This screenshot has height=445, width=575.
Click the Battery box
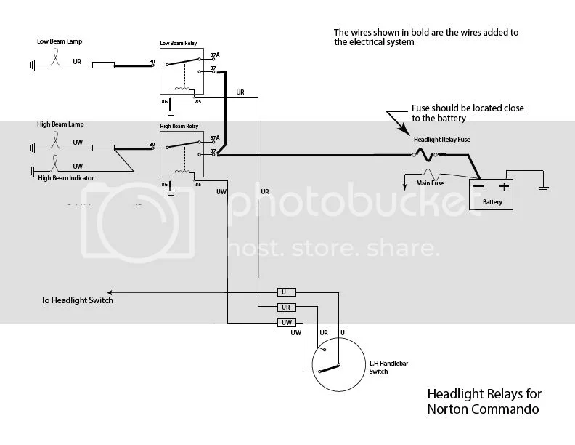point(492,194)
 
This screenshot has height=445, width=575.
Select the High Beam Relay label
point(179,126)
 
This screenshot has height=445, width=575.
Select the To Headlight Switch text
point(76,300)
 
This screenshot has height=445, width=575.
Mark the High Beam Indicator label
point(66,178)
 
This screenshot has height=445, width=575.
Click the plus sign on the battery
point(503,186)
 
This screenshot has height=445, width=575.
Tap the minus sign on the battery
point(479,186)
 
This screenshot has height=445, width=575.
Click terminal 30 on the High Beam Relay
point(152,144)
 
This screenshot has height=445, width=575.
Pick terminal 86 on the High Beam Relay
point(165,185)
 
